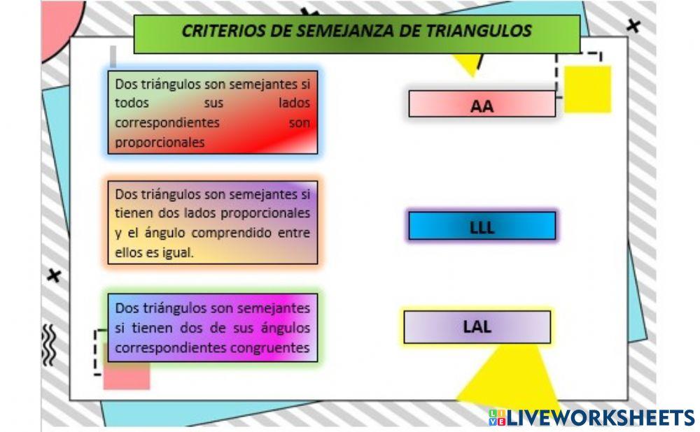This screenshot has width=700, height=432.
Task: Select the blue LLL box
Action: click(x=482, y=226)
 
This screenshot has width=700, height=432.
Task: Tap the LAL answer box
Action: click(x=477, y=326)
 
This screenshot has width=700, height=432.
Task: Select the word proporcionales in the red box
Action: click(x=160, y=142)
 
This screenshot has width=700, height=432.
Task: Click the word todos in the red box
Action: click(x=132, y=103)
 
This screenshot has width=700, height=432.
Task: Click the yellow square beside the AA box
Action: click(x=587, y=89)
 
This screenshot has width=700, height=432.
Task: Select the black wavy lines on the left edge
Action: click(x=49, y=345)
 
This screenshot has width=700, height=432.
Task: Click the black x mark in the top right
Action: click(x=633, y=27)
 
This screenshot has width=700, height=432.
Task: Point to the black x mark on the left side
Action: click(x=54, y=275)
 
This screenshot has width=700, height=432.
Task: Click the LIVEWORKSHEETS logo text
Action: click(x=599, y=417)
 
